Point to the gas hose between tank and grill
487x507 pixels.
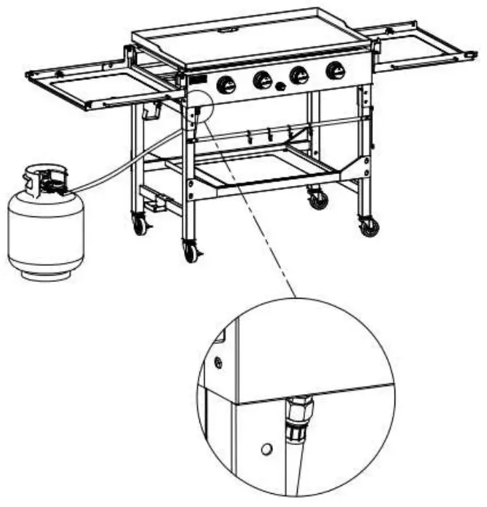pyautogui.click(x=131, y=160)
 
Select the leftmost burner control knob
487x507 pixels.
pyautogui.click(x=228, y=84)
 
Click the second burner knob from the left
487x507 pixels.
pyautogui.click(x=263, y=79)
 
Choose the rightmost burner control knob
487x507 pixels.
pyautogui.click(x=336, y=70)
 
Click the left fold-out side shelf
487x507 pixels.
pyautogui.click(x=109, y=87)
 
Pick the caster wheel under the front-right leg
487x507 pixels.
pyautogui.click(x=369, y=226)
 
